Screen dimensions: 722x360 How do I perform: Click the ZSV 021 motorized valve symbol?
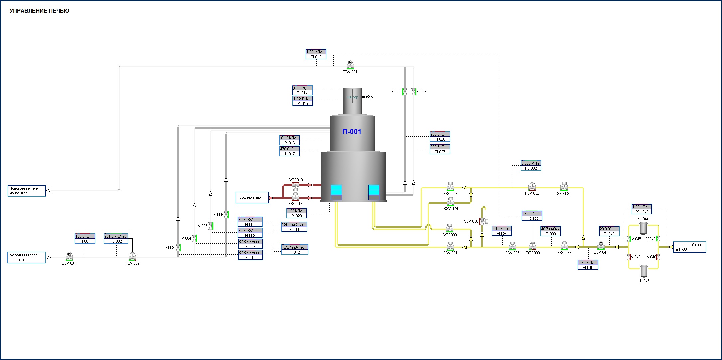(x=350, y=65)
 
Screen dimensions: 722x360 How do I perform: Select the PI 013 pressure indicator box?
(x=316, y=54)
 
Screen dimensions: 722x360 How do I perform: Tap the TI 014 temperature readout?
(x=302, y=90)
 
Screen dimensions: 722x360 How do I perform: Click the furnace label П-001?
(x=352, y=132)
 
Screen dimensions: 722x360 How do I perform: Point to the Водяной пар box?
(x=252, y=197)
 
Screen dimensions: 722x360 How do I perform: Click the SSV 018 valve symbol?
(x=295, y=185)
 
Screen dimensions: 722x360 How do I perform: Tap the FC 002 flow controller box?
(x=116, y=239)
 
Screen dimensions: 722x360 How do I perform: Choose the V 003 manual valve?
(x=178, y=247)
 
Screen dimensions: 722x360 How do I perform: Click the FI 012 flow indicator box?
(x=295, y=250)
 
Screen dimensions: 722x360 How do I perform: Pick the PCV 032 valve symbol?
(x=532, y=187)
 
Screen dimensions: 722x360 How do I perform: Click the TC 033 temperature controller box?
(x=532, y=216)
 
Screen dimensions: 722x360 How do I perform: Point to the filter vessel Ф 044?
(x=643, y=228)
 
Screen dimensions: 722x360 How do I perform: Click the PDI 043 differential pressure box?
(x=642, y=209)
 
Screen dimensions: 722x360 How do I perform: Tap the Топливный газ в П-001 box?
(x=689, y=247)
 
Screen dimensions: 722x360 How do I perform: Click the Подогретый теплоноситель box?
(x=27, y=191)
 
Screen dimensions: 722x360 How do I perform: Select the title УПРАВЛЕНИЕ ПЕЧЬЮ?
(x=39, y=11)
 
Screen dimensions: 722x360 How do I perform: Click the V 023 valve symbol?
(x=414, y=92)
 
